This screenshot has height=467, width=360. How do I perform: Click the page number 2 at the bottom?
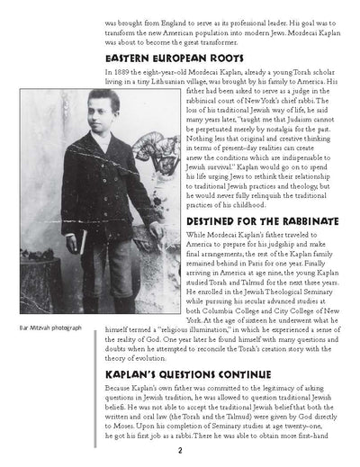180,449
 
